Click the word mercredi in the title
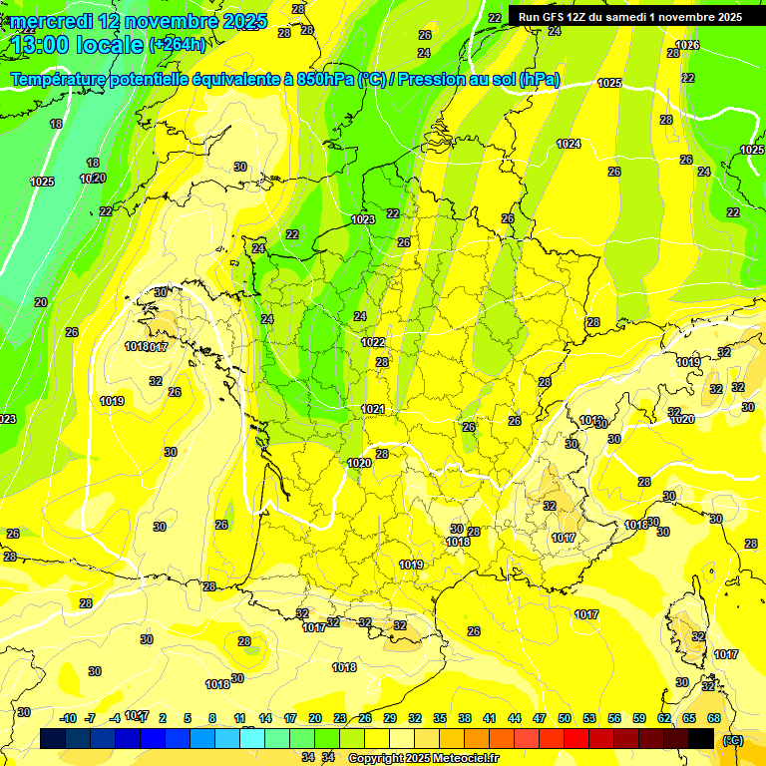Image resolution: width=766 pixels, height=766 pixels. [x=47, y=21]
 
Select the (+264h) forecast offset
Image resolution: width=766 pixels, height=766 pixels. [x=177, y=45]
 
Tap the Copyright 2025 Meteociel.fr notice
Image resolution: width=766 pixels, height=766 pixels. [x=422, y=758]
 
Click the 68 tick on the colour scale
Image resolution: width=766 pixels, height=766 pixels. [x=714, y=718]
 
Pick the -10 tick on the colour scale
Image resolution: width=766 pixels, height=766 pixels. [x=68, y=718]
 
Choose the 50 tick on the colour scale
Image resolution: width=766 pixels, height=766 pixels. [x=565, y=718]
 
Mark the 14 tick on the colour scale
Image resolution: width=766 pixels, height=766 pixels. [x=265, y=718]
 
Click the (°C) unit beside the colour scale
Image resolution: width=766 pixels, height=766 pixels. [x=733, y=739]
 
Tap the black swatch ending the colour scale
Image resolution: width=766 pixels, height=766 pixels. [x=701, y=738]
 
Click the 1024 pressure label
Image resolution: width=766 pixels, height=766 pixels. [x=569, y=145]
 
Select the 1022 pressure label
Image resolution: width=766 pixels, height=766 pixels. [x=373, y=342]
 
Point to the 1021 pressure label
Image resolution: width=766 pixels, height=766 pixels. [x=373, y=409]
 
